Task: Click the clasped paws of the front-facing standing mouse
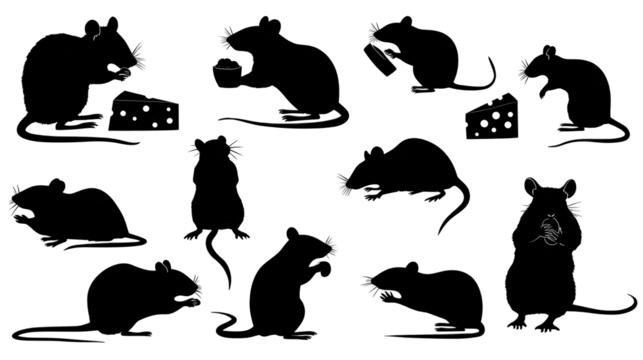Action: [x=549, y=237]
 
